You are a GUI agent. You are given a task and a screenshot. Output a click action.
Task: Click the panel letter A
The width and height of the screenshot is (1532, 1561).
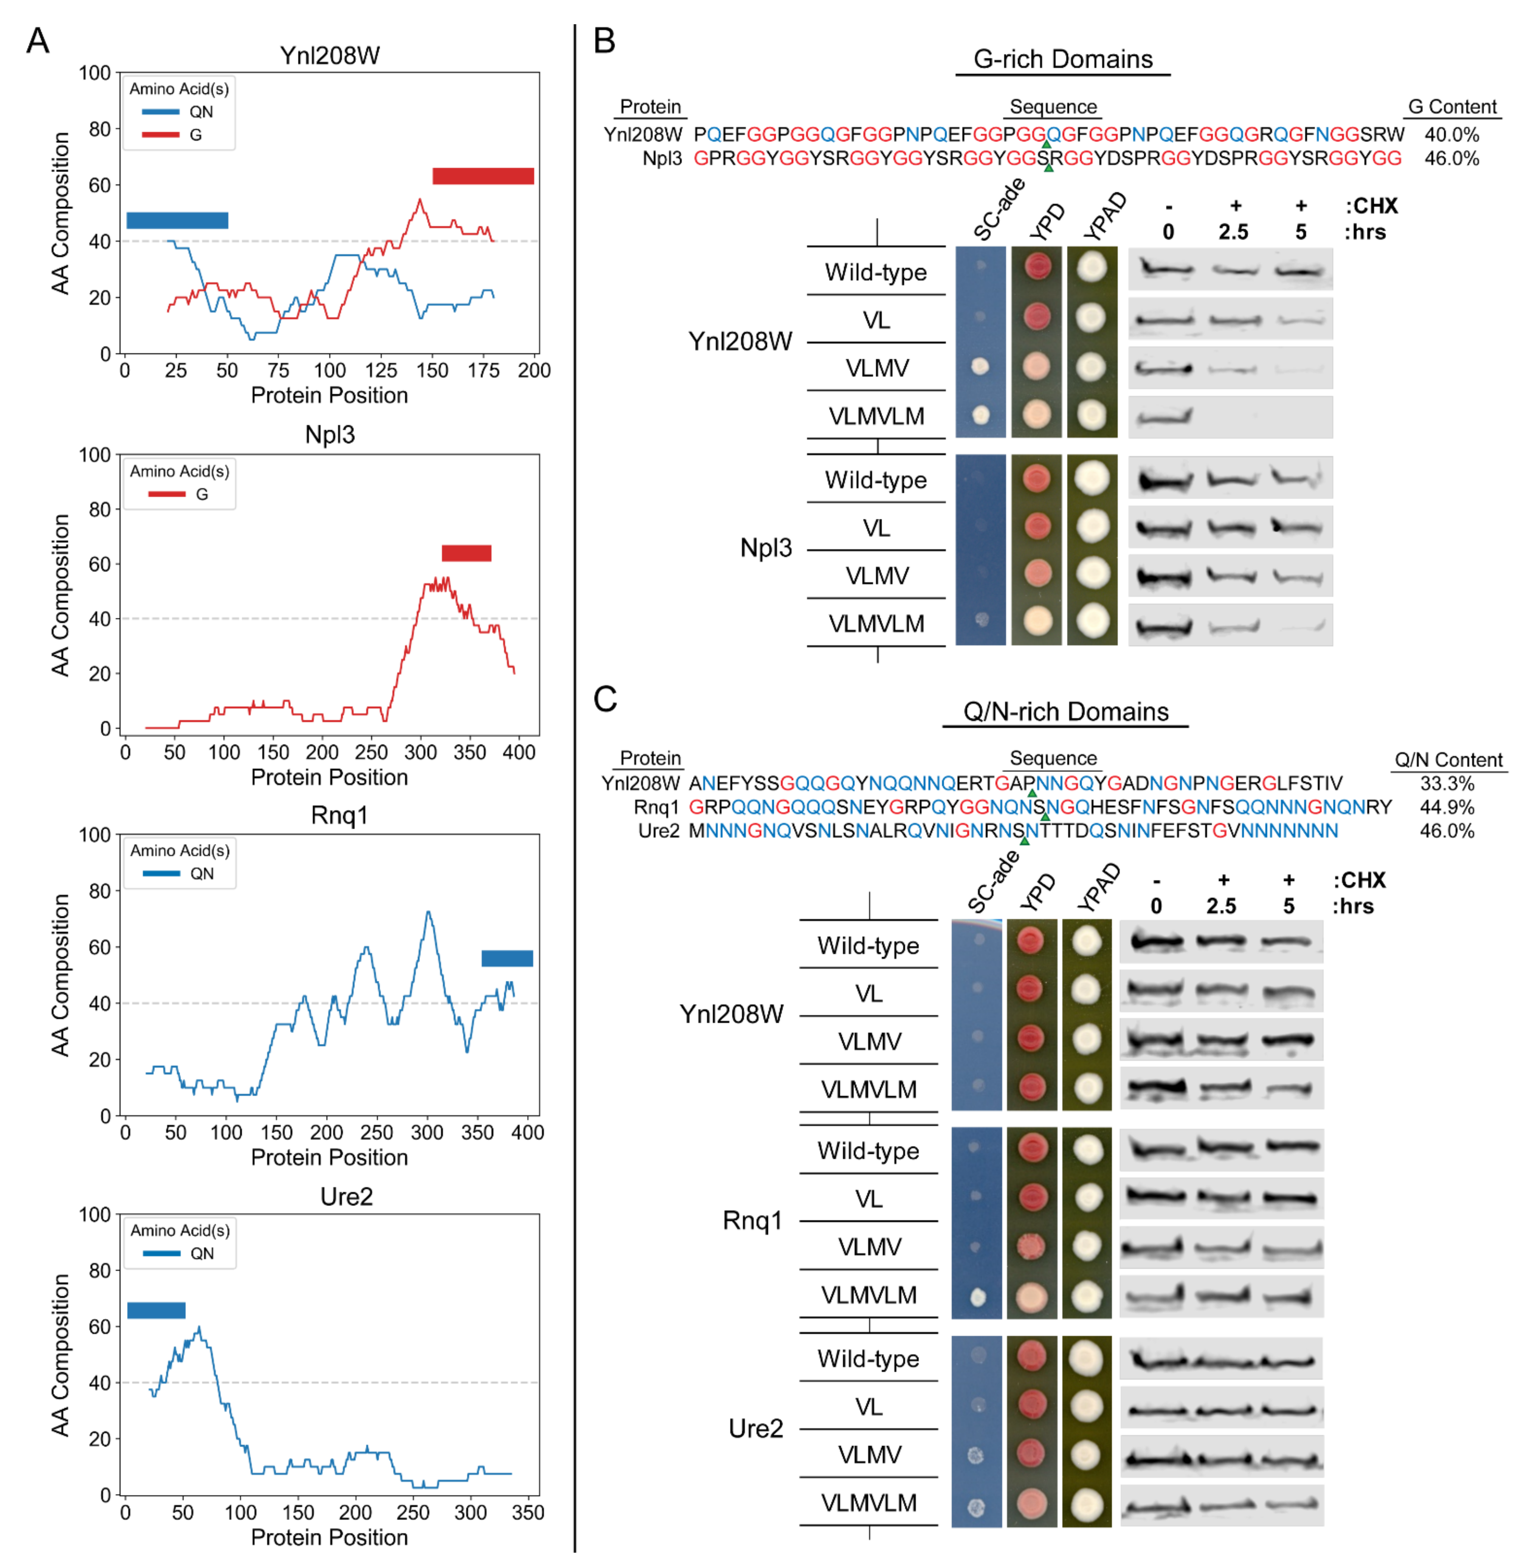(x=38, y=40)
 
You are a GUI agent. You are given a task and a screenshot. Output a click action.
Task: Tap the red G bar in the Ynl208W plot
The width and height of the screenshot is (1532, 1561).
(x=483, y=176)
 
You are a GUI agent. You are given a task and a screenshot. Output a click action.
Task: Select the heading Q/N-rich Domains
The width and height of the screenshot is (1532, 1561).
(x=1065, y=712)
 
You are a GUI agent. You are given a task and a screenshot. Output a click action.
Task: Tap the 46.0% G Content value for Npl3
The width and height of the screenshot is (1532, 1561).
(x=1451, y=158)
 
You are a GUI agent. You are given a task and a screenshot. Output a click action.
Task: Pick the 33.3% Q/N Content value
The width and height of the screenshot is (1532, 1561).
(x=1447, y=784)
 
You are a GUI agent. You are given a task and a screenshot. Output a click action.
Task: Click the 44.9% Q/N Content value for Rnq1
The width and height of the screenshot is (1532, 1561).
(x=1447, y=807)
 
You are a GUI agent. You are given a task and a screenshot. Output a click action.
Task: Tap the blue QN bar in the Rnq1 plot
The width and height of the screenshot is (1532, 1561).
(x=507, y=958)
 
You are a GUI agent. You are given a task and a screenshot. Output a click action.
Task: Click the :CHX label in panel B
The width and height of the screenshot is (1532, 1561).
(x=1371, y=207)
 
